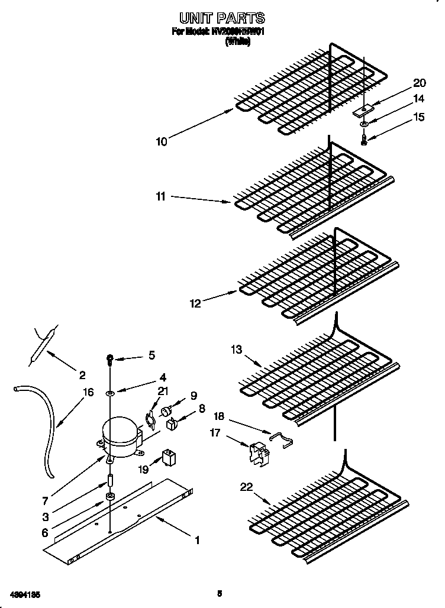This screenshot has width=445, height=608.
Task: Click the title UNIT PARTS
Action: [x=222, y=18]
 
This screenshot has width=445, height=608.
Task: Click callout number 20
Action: [x=419, y=83]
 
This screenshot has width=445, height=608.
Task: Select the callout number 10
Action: [x=162, y=141]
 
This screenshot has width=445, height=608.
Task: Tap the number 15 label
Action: [x=418, y=117]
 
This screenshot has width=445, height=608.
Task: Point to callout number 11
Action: [x=160, y=197]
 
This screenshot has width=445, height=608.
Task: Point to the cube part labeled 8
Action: [x=171, y=422]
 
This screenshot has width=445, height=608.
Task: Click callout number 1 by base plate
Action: [x=197, y=539]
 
